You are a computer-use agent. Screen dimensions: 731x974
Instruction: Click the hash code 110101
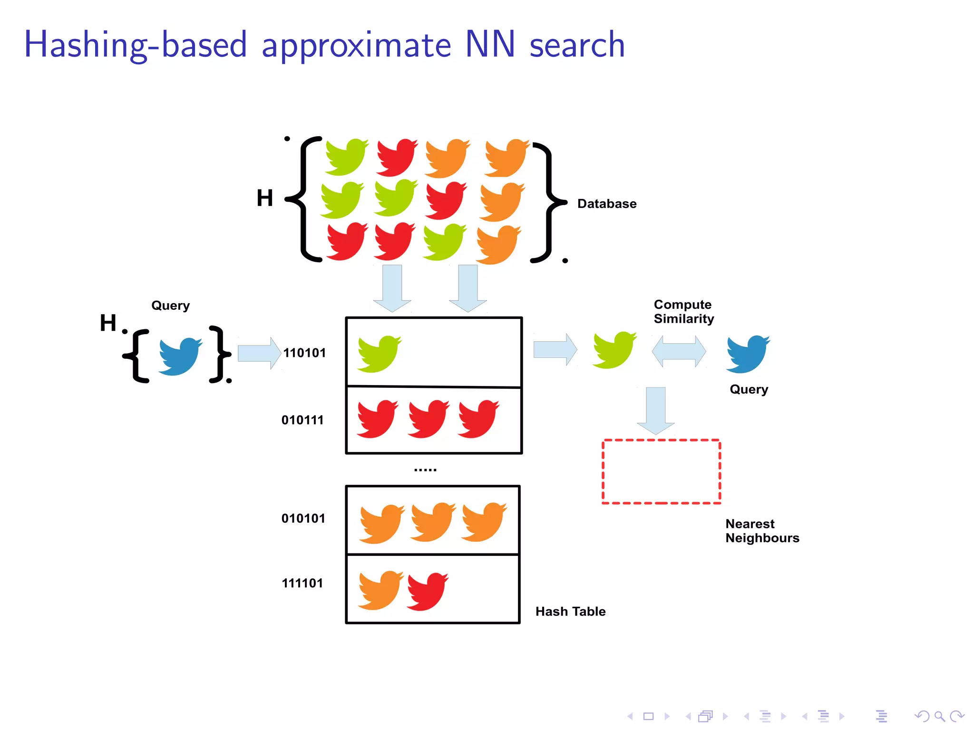[x=304, y=353]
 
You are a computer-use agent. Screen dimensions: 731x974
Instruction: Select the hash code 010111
[x=302, y=420]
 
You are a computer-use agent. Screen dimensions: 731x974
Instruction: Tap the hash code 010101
[x=303, y=518]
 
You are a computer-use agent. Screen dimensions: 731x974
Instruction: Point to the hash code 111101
[x=302, y=583]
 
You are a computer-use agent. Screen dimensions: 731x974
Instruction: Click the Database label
[x=606, y=204]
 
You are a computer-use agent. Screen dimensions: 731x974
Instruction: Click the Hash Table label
[x=570, y=612]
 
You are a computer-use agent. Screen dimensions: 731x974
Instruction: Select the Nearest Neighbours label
[x=762, y=531]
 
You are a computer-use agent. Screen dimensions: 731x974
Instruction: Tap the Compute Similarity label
[x=683, y=311]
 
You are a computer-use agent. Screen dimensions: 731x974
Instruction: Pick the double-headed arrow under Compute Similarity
[x=679, y=351]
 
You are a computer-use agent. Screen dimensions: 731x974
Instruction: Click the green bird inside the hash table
[x=379, y=353]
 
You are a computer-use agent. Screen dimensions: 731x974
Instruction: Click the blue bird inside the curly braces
[x=180, y=356]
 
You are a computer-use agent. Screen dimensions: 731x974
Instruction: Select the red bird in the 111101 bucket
[x=428, y=591]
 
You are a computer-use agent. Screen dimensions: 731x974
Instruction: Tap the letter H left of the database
[x=265, y=198]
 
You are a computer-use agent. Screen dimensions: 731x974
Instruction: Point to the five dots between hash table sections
[x=425, y=470]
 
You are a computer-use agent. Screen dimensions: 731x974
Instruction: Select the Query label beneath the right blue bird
[x=749, y=389]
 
